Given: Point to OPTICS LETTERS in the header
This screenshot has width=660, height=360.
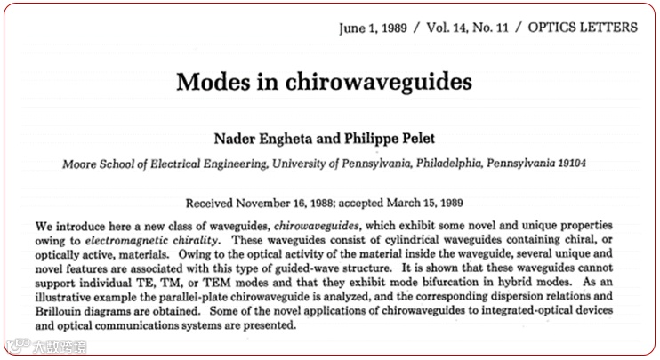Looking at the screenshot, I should click(582, 28).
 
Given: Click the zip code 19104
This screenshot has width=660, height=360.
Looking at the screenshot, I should click(567, 163).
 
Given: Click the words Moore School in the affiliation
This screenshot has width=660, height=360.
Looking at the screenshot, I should click(93, 163).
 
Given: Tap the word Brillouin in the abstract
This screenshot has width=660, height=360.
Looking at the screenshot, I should click(61, 309).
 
